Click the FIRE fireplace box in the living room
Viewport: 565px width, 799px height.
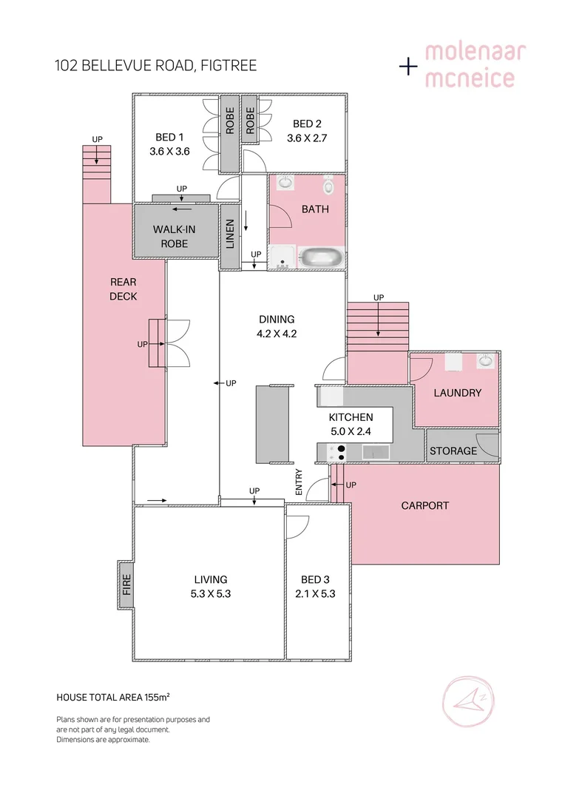(x=126, y=584)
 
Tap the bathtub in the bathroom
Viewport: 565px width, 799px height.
(x=321, y=258)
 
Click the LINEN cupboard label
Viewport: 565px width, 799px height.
(x=230, y=235)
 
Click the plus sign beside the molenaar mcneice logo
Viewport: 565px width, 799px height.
(x=408, y=67)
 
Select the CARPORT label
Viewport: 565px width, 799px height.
(x=424, y=506)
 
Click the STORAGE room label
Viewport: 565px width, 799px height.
(x=453, y=451)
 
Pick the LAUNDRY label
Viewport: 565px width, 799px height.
(x=457, y=393)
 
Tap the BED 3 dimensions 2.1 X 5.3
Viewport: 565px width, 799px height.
(x=315, y=593)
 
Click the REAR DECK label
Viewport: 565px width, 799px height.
(x=124, y=289)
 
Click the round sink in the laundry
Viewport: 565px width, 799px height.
(x=485, y=361)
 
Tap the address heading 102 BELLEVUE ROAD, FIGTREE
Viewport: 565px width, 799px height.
(x=156, y=66)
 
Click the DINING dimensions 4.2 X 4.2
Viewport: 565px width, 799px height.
(x=277, y=333)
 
